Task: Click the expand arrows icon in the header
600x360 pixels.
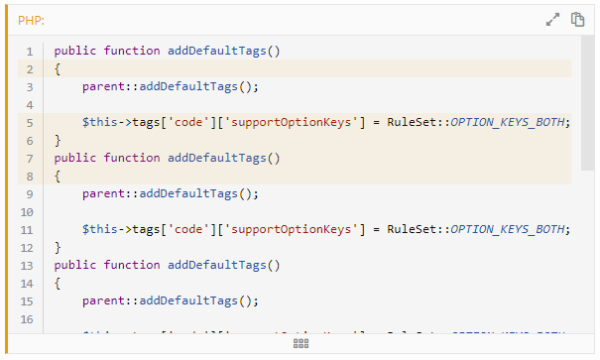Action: [553, 19]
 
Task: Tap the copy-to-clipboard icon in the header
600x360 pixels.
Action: [576, 19]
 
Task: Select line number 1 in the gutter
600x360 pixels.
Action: [30, 51]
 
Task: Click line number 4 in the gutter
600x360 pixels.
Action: [30, 104]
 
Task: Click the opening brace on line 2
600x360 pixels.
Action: [58, 68]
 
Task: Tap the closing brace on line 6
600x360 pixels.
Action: [58, 140]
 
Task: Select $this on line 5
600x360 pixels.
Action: [99, 122]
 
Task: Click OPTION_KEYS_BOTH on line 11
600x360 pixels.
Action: [510, 229]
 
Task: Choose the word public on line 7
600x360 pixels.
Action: [75, 158]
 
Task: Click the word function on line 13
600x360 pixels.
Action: [136, 265]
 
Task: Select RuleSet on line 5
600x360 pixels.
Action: [411, 122]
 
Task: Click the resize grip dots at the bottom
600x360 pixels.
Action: [301, 342]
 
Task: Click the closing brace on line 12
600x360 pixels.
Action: [58, 247]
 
